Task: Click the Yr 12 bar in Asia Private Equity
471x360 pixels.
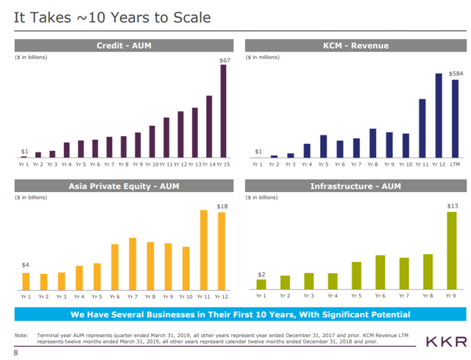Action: click(x=221, y=251)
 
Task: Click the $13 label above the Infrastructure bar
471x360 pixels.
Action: click(x=453, y=208)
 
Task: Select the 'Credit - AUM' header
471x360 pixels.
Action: click(x=123, y=46)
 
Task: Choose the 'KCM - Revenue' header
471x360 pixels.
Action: click(x=355, y=46)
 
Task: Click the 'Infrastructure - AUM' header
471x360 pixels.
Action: click(x=355, y=186)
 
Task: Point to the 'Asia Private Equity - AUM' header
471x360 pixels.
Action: click(x=123, y=186)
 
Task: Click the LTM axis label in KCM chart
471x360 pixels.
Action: click(x=455, y=164)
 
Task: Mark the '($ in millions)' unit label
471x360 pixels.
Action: click(x=263, y=57)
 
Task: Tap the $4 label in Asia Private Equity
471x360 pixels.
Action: click(x=26, y=264)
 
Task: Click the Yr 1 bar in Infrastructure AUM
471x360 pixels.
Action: click(x=261, y=283)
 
